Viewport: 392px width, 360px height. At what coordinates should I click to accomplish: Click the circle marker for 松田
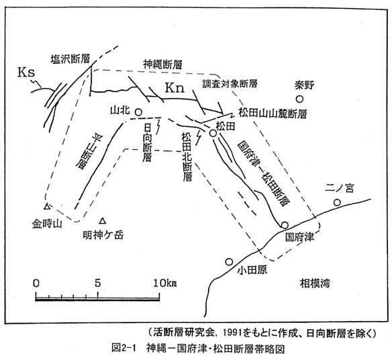(213, 134)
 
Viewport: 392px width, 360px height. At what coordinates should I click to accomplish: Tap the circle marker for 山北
(138, 111)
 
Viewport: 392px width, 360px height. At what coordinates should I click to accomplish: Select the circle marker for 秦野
(299, 99)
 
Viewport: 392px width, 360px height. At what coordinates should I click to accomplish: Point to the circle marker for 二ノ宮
(337, 202)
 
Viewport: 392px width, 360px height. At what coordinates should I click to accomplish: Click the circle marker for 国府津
(285, 225)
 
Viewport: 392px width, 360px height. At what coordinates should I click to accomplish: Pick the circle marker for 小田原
(229, 262)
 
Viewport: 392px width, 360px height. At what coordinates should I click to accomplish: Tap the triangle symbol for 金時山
(47, 206)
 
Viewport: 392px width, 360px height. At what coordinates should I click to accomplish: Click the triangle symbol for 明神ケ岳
(103, 221)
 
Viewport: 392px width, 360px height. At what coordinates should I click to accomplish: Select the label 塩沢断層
(70, 59)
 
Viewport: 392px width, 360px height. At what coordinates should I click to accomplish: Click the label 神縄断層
(162, 64)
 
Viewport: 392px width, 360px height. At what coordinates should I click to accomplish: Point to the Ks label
(26, 73)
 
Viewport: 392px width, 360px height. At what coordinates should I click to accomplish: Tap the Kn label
(175, 88)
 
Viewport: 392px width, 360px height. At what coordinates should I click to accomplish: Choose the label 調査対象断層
(230, 84)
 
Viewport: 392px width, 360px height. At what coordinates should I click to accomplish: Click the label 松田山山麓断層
(273, 114)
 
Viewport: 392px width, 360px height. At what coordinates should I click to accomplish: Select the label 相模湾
(315, 283)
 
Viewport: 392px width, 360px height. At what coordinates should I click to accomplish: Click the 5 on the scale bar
(98, 283)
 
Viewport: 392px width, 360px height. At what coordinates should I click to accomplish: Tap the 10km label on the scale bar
(165, 283)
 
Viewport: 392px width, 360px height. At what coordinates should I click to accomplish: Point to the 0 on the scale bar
(36, 283)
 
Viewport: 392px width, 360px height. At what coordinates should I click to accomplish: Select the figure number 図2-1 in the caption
(124, 349)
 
